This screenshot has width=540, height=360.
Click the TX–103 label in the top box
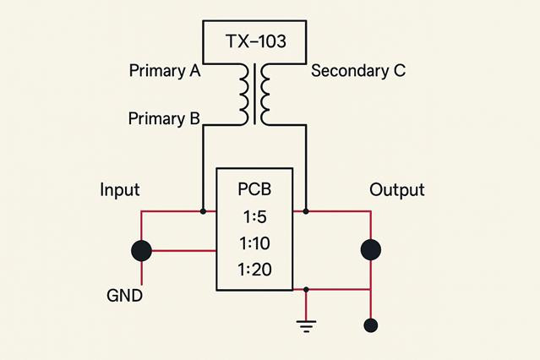(x=256, y=41)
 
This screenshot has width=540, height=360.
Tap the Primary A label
(x=165, y=71)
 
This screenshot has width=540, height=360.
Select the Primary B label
(x=164, y=119)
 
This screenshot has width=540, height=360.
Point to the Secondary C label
(x=358, y=71)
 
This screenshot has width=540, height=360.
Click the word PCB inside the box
(x=254, y=189)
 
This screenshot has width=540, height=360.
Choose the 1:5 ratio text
(x=255, y=217)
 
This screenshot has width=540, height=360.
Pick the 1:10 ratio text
(x=255, y=243)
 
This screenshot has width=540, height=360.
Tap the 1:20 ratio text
(x=255, y=270)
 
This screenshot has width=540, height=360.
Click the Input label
(x=120, y=190)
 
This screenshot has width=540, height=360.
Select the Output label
(x=397, y=190)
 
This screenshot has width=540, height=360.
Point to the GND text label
(x=125, y=296)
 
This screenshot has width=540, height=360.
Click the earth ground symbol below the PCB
(x=306, y=326)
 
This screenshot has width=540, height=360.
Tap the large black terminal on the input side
(x=141, y=250)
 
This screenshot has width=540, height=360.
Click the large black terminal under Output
(x=371, y=250)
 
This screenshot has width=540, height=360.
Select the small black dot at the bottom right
(x=371, y=325)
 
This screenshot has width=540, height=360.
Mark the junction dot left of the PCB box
(x=203, y=211)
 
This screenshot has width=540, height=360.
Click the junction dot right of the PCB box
(x=306, y=211)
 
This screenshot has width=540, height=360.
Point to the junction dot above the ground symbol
(x=306, y=290)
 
